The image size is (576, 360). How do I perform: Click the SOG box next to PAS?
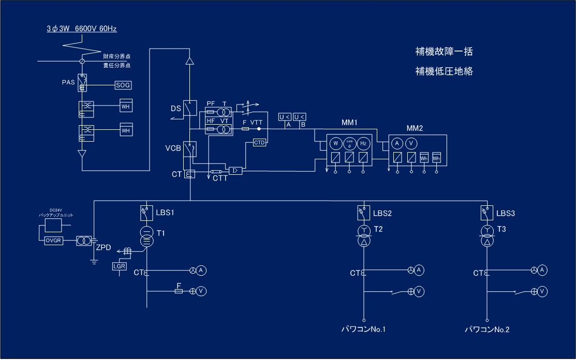tap(123, 85)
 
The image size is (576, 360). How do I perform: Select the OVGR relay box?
tap(53, 241)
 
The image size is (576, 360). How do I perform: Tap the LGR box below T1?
tap(119, 266)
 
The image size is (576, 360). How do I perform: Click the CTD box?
tap(259, 142)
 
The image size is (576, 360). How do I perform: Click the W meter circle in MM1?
tap(335, 143)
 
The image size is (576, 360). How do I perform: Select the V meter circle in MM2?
tap(411, 143)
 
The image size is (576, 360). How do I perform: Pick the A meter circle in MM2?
tap(397, 143)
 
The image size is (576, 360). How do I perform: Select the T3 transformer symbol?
tap(486, 235)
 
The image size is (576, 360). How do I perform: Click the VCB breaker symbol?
tap(190, 149)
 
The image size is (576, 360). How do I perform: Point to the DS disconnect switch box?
tap(190, 108)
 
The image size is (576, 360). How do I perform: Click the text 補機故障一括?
tap(444, 52)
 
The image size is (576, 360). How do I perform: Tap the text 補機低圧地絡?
tap(444, 71)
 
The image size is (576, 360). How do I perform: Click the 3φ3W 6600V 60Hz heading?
tap(82, 29)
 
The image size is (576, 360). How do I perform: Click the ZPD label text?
tap(104, 247)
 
